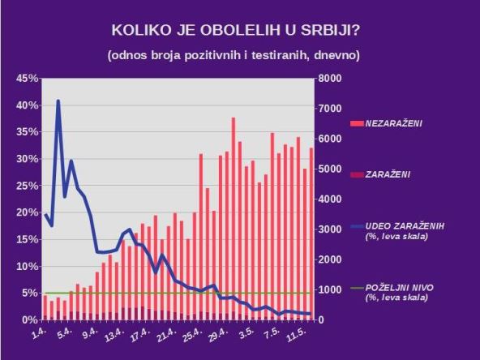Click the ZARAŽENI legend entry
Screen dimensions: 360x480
(390, 174)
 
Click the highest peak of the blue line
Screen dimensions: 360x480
(58, 101)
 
